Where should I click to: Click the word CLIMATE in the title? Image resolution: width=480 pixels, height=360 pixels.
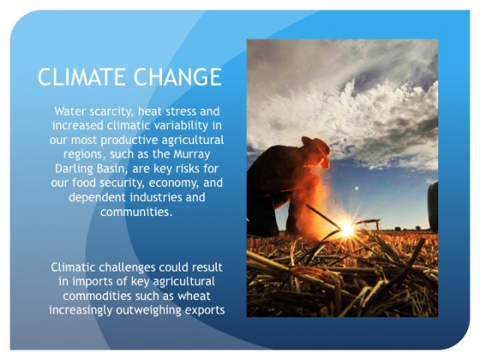(x=82, y=76)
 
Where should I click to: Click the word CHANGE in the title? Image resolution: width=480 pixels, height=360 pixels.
(x=178, y=76)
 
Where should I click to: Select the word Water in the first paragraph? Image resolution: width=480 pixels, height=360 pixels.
(x=70, y=111)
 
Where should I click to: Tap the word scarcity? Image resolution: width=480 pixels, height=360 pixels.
(x=112, y=112)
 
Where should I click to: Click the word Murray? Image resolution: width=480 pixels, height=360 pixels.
(x=192, y=154)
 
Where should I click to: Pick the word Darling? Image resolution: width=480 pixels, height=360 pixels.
(x=74, y=169)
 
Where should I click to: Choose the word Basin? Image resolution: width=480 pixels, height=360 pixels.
(x=112, y=169)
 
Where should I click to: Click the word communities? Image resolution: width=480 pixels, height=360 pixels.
(x=136, y=211)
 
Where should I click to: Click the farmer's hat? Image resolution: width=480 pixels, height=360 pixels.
(x=317, y=149)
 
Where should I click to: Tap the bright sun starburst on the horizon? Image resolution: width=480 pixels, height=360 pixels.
(x=346, y=228)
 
